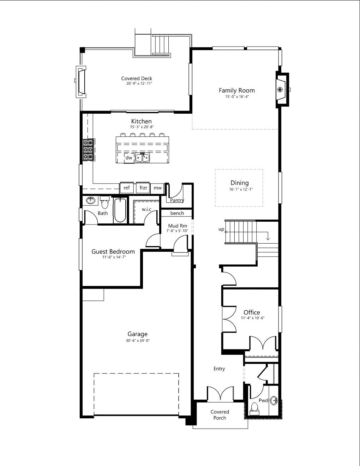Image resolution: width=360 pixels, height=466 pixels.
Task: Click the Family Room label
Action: pos(237,90)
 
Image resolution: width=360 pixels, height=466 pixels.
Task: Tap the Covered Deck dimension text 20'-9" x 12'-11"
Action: pos(139,84)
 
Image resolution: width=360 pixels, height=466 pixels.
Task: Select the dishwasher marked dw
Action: pos(129,158)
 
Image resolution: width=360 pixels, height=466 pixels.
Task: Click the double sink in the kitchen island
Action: pos(142,158)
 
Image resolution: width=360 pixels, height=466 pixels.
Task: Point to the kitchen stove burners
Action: pos(89,150)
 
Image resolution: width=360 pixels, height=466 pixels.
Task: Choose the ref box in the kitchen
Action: pos(126,188)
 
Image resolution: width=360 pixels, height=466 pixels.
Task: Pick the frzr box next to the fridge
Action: pos(143,188)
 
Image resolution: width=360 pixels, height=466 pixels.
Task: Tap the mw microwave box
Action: pos(158,188)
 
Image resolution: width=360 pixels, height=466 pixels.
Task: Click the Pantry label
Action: pos(177,200)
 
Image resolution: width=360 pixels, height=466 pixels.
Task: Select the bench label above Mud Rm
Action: pos(177,213)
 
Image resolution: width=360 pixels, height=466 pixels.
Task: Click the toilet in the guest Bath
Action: pos(104,202)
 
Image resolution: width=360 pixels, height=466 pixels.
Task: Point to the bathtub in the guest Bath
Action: pos(120,210)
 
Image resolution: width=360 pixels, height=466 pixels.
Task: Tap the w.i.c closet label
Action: pos(146,209)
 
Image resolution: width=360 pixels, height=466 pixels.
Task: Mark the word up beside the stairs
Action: pos(221,229)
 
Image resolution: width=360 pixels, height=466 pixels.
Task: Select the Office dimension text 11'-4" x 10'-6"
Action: pos(253,318)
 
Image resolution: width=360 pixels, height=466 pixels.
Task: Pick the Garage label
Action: pos(137,334)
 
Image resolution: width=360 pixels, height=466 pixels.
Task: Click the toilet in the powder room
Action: pos(254,409)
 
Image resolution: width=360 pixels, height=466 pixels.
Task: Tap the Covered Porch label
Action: pos(220,415)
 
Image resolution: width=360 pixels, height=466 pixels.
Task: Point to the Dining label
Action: pos(240,183)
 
